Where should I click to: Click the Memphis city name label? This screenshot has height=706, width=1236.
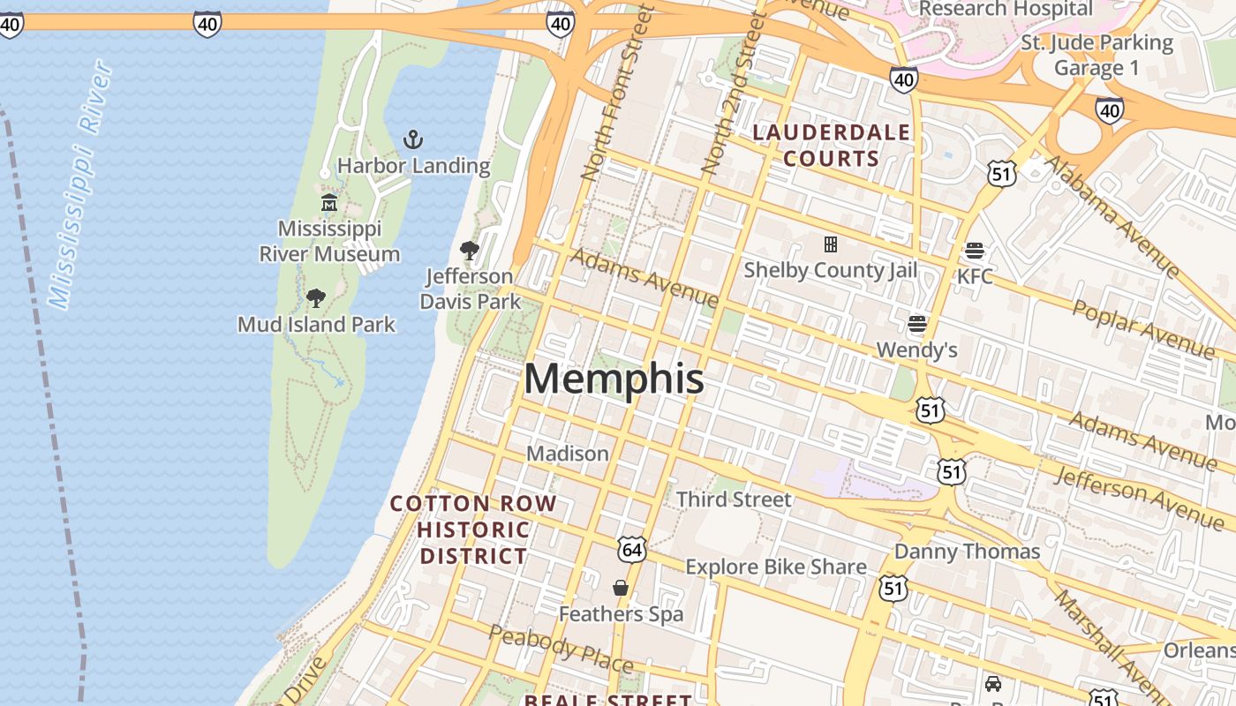point(614,379)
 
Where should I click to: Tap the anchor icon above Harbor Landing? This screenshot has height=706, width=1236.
point(413,139)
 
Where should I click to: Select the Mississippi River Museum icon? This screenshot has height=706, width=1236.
point(329,203)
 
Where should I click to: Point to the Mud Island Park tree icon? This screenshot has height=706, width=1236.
point(316,298)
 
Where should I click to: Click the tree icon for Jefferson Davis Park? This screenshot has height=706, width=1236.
point(470,251)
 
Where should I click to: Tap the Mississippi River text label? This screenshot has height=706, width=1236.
point(80,185)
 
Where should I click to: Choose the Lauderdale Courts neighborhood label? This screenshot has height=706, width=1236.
point(831,146)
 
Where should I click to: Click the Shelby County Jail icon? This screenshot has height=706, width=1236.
point(830,244)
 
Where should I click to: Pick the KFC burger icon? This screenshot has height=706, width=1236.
point(975,251)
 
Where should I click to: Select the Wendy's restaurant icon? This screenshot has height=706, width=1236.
point(917,324)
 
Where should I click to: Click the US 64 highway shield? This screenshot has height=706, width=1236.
point(632,551)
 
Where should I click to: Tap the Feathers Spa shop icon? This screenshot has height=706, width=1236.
point(621,588)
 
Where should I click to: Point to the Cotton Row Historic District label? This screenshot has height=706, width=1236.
point(473,529)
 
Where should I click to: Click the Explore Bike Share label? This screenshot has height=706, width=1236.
point(776,567)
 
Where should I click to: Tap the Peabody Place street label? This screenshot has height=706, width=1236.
point(561,648)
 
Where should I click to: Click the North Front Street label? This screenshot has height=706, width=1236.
point(617,93)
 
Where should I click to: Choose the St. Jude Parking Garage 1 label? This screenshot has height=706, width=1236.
point(1097,55)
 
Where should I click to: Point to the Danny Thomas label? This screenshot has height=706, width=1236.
point(967,552)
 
